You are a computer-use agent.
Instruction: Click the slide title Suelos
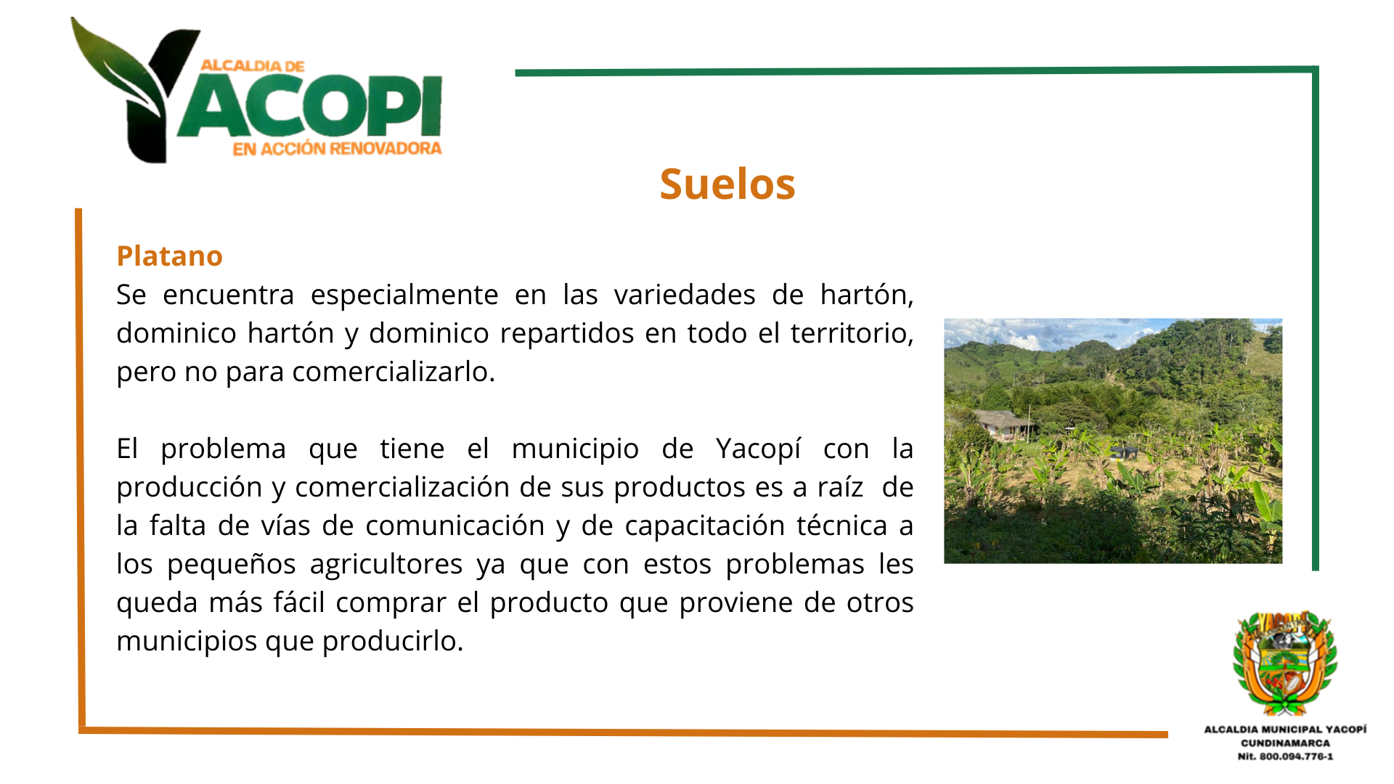click(727, 184)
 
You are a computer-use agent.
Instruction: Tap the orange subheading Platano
click(169, 256)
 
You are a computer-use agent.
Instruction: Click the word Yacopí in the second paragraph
click(758, 449)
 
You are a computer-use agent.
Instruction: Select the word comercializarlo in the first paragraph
click(394, 372)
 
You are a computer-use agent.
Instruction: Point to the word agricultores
click(386, 565)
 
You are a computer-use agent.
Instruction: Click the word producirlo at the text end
click(393, 642)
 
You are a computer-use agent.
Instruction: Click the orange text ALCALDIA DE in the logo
click(253, 66)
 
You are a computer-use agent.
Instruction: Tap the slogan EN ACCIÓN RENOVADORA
click(337, 149)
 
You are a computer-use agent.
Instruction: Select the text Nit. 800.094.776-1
click(1285, 756)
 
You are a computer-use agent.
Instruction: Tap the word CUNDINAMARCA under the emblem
click(1285, 743)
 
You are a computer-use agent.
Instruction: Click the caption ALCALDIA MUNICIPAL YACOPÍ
click(1285, 730)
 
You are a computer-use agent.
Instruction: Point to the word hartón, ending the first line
click(866, 295)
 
